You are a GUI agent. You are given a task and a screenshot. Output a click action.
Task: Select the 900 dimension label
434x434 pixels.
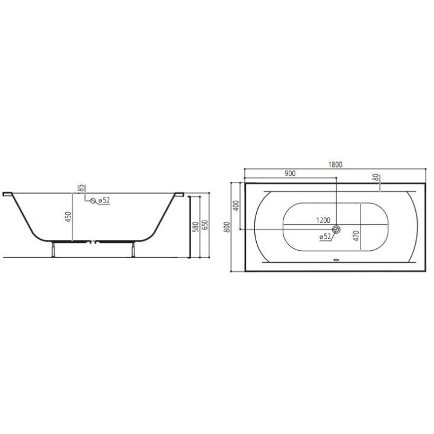(289, 174)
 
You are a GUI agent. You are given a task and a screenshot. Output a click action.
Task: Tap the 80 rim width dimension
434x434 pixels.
(376, 178)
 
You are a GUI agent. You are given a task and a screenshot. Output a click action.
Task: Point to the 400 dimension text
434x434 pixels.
(236, 205)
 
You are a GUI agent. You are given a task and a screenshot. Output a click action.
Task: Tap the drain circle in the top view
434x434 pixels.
(336, 230)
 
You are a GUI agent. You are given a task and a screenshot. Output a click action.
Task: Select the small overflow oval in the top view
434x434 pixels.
(336, 262)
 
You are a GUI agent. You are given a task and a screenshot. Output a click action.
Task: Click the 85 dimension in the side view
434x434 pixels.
(79, 187)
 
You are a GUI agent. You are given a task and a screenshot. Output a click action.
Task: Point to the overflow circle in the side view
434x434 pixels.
(92, 201)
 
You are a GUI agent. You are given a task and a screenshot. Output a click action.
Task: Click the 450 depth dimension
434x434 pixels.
(69, 216)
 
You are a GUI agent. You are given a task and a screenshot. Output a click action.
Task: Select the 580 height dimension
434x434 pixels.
(195, 226)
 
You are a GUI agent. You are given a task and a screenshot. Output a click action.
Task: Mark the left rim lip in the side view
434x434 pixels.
(7, 194)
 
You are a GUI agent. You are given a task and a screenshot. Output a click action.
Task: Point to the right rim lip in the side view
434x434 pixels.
(180, 194)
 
